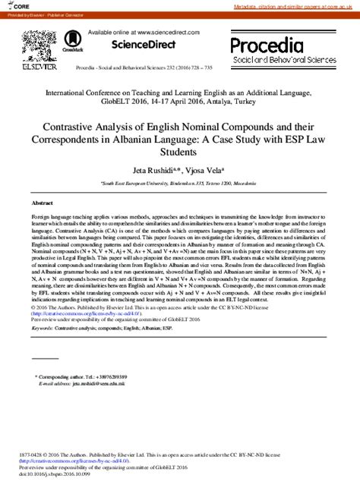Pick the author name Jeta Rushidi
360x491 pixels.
tap(148, 172)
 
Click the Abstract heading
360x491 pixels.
tap(42, 203)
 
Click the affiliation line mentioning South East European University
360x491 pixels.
tap(179, 184)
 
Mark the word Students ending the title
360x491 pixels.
tap(179, 153)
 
